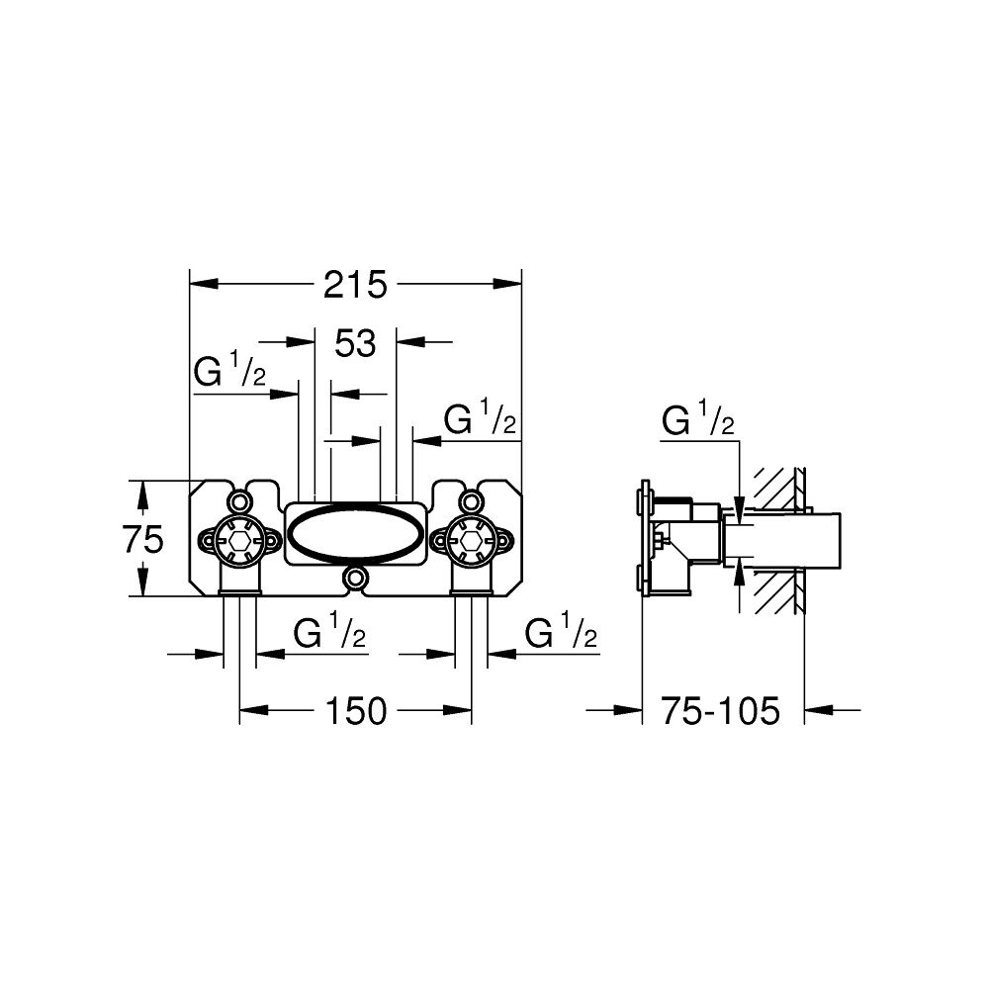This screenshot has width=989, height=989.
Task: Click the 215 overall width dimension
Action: pos(355,285)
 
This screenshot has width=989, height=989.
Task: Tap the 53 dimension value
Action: pos(355,344)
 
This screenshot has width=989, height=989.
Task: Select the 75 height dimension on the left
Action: pos(143,539)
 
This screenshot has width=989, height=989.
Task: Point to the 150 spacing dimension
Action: pos(356,711)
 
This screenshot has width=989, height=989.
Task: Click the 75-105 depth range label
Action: pos(720,711)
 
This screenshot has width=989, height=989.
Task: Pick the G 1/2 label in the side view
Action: pos(698,420)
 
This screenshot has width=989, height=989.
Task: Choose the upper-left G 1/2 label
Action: pos(229,371)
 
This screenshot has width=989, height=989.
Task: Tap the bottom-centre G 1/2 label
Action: pos(330,631)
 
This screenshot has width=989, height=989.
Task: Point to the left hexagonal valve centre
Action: pos(239,540)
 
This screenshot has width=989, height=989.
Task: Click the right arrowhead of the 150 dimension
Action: pos(458,710)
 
